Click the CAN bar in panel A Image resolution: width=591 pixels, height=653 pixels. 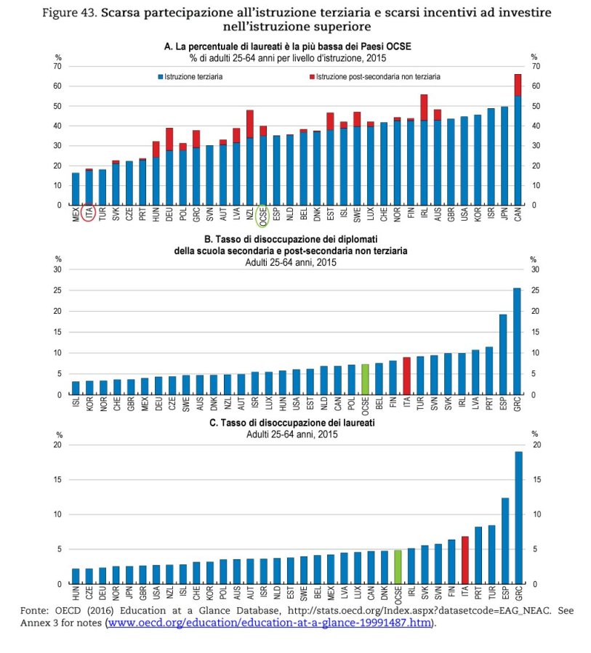[x=518, y=145]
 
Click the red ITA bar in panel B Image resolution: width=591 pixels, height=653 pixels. [x=406, y=376]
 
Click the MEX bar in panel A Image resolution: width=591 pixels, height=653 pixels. [x=76, y=189]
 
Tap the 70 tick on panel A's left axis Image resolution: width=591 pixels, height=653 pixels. [x=57, y=66]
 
